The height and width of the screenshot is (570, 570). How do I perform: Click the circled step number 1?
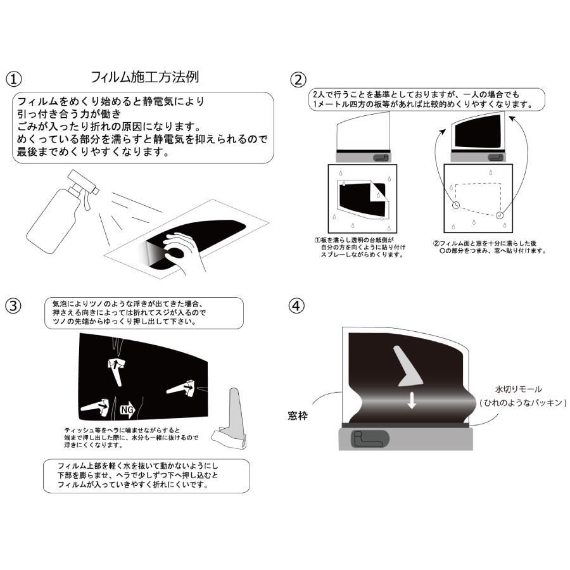point(14,79)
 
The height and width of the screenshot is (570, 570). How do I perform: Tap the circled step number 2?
point(298,80)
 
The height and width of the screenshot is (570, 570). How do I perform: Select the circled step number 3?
point(13,306)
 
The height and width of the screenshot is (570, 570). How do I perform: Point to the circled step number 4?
point(296,306)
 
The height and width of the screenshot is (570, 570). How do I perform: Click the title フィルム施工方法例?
point(144,77)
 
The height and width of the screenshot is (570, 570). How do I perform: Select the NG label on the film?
point(127,410)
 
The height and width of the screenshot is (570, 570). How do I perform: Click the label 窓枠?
point(298,415)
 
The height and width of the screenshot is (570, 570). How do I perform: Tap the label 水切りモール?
point(518,389)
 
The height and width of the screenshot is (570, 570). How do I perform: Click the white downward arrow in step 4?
point(412,400)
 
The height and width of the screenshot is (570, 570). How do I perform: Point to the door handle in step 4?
point(370,438)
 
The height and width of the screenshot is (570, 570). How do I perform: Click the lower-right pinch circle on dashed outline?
point(500,215)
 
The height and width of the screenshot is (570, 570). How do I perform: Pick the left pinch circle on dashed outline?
point(456,205)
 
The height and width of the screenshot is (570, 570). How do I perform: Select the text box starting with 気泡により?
point(144,313)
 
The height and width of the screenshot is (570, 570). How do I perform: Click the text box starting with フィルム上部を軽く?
point(146,476)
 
